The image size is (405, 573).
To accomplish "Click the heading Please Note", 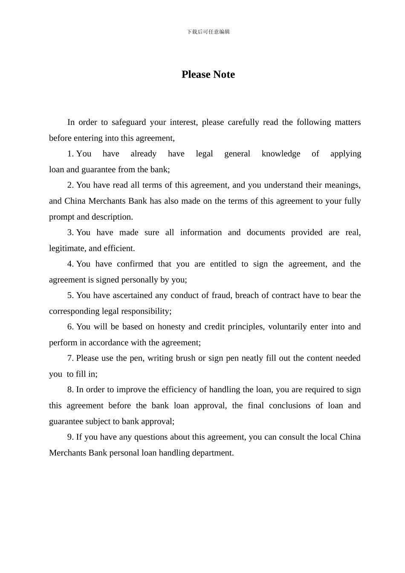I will pos(208,75).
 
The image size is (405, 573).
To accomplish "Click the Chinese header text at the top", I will pos(208,32).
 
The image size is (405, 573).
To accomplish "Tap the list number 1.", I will pos(70,154).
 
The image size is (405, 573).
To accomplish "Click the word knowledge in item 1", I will pos(281,154).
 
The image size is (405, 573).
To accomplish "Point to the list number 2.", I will pos(70,185).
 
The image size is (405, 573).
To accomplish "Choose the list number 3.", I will pos(70,232).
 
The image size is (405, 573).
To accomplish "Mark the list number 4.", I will pos(70,264).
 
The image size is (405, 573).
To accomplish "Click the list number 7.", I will pos(70,358).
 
